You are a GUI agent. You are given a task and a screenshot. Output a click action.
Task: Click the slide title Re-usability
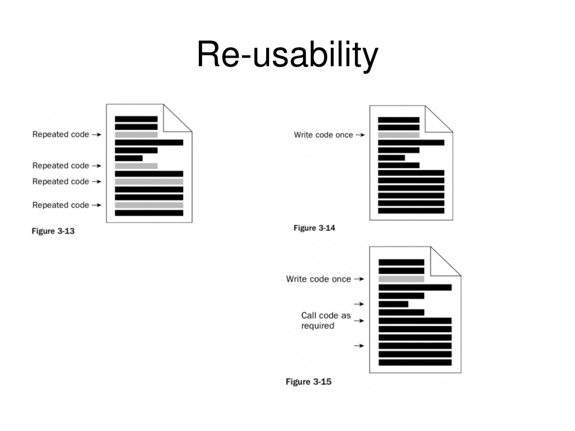tap(287, 55)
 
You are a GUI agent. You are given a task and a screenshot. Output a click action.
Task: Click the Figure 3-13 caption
tap(53, 231)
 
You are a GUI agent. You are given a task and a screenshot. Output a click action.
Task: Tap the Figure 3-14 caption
tap(314, 228)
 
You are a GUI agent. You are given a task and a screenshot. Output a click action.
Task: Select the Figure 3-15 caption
tap(308, 382)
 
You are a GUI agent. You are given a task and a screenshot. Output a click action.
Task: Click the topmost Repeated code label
tap(61, 135)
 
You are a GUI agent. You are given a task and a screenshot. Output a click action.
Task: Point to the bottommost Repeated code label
tap(61, 205)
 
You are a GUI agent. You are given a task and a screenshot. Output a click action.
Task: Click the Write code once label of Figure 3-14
tap(323, 135)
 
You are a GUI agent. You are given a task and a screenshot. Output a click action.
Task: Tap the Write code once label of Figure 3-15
tap(318, 279)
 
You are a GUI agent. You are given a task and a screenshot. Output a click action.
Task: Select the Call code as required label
tap(326, 320)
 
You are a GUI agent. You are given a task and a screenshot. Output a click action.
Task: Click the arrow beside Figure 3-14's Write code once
tap(360, 135)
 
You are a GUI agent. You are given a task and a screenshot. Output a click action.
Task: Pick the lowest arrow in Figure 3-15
tap(359, 346)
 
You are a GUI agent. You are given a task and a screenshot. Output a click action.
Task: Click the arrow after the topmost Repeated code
tap(97, 135)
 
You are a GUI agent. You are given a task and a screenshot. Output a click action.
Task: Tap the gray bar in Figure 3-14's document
tap(399, 135)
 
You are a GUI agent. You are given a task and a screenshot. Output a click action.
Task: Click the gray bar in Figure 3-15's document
tap(401, 279)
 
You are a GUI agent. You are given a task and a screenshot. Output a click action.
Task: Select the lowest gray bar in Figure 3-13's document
tap(149, 205)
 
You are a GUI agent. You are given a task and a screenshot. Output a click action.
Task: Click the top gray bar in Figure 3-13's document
tap(136, 135)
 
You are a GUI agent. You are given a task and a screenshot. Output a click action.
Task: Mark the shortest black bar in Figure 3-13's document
tap(129, 158)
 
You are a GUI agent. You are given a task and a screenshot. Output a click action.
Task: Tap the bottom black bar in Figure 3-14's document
tap(411, 211)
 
